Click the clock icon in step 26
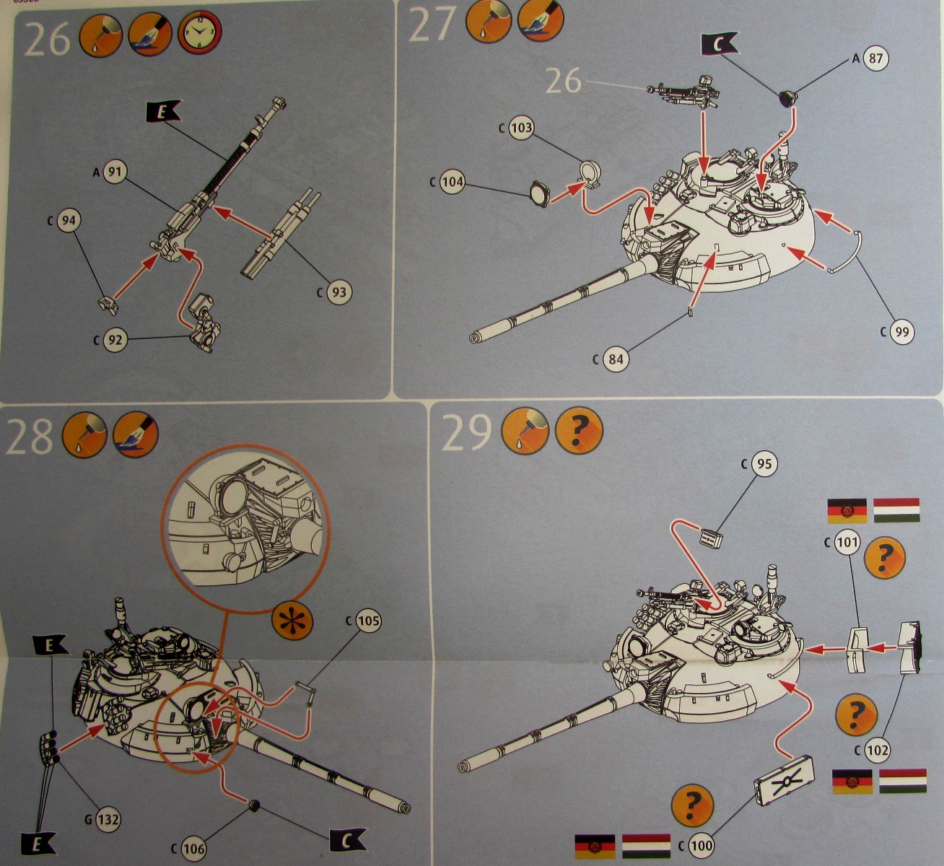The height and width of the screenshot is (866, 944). pyautogui.click(x=200, y=32)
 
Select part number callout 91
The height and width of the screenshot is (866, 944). pyautogui.click(x=115, y=172)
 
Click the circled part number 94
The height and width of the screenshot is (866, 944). pyautogui.click(x=68, y=221)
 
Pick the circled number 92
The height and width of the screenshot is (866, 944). pyautogui.click(x=115, y=338)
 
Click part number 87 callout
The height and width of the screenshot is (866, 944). pyautogui.click(x=875, y=59)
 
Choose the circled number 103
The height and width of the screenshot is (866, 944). pyautogui.click(x=520, y=128)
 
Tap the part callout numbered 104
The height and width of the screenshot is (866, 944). pyautogui.click(x=452, y=182)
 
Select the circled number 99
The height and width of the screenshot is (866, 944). pyautogui.click(x=901, y=332)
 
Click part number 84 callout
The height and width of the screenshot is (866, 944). pyautogui.click(x=616, y=359)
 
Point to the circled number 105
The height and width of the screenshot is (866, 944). pyautogui.click(x=367, y=621)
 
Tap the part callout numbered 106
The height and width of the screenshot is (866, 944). pyautogui.click(x=193, y=849)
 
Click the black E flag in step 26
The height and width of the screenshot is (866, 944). pyautogui.click(x=162, y=111)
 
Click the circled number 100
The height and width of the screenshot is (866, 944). pyautogui.click(x=702, y=845)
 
